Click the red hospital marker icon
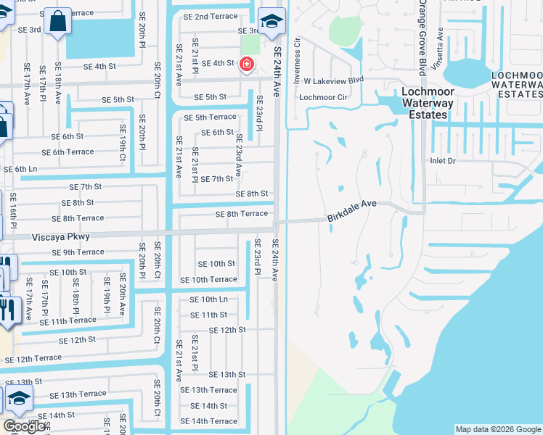click(247, 65)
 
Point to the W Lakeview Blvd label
click(333, 81)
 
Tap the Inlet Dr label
click(442, 161)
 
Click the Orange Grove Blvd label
click(421, 37)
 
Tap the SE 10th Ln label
click(208, 299)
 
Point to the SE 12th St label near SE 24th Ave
click(227, 330)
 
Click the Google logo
click(24, 426)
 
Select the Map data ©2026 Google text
click(498, 429)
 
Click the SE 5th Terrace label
click(211, 117)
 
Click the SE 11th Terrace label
click(68, 320)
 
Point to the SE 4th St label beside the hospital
click(218, 64)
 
